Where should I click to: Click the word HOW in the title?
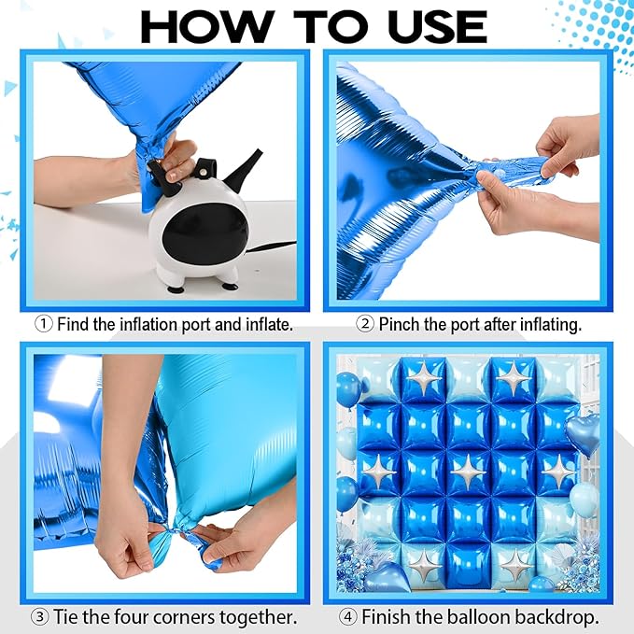[x=204, y=27]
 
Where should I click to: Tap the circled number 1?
[x=44, y=324]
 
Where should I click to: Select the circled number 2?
[x=365, y=324]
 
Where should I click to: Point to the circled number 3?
[x=40, y=617]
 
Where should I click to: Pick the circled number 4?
[x=348, y=617]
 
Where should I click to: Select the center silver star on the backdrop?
[x=468, y=472]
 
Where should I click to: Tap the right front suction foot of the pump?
[x=230, y=286]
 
